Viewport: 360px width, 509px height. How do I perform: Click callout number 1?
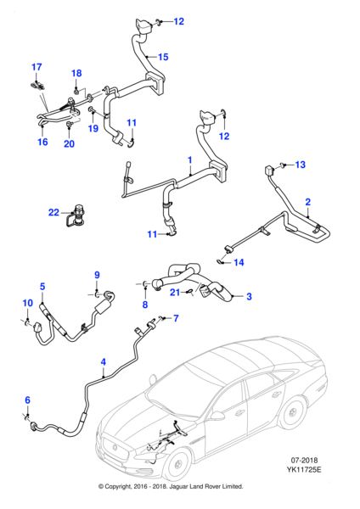coord(190,159)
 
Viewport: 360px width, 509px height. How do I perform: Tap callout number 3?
coord(249,297)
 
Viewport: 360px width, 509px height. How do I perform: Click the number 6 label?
coord(26,400)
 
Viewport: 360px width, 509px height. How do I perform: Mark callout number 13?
coord(299,166)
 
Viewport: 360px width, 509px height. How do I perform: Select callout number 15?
coord(164,57)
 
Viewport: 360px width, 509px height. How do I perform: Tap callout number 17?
coord(37,66)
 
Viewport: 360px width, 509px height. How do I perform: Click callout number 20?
coord(69,143)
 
